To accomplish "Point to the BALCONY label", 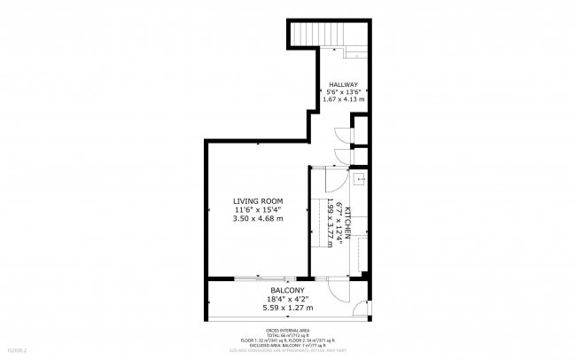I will (x=287, y=291).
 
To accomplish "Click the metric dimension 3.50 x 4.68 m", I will (x=257, y=218).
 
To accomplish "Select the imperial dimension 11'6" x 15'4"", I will (x=257, y=209).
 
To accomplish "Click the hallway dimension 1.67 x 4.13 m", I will (x=344, y=99).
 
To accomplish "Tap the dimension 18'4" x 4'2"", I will (x=287, y=300).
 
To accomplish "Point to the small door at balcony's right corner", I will (x=359, y=311).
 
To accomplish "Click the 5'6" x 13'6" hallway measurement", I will (x=344, y=91).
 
